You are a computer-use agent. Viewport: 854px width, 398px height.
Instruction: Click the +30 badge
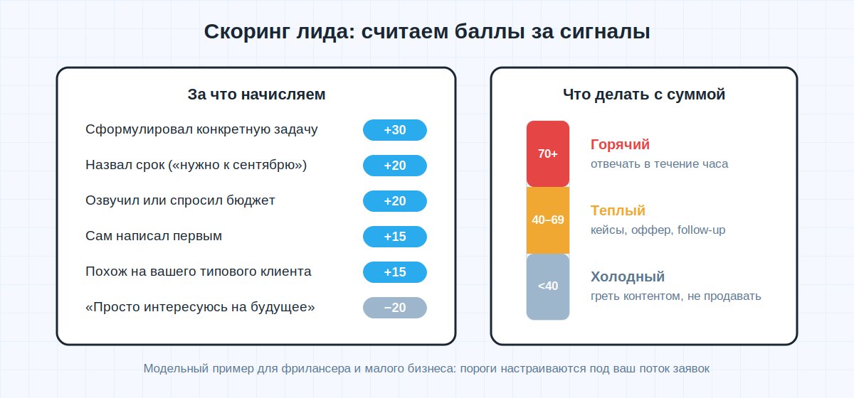pos(394,130)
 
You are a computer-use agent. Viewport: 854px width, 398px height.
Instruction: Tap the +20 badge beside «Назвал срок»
pos(394,166)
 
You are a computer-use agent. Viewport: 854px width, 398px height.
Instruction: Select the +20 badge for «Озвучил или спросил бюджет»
pos(394,201)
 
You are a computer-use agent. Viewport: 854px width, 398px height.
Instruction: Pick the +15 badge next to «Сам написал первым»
pos(394,237)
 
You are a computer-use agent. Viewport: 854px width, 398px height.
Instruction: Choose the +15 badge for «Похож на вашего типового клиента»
pos(394,272)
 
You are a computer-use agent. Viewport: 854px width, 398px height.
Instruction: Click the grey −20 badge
pos(394,308)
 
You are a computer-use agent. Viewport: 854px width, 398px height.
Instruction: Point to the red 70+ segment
pos(548,154)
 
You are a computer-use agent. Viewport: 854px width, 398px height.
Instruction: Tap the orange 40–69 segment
pos(548,220)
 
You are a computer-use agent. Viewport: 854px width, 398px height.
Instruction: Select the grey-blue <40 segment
pos(548,286)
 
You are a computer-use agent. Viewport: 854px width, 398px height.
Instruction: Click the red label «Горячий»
pos(620,145)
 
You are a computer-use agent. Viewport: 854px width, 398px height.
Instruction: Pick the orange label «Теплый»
pos(618,210)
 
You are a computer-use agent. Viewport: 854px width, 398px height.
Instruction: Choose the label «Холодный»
pos(628,277)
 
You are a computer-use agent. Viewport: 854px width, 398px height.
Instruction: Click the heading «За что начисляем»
pos(256,95)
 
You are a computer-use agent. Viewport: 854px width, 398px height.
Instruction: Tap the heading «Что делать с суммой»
pos(644,95)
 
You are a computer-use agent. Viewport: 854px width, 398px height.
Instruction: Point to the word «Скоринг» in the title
pos(247,31)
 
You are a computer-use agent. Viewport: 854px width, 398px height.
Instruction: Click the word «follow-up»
pos(701,230)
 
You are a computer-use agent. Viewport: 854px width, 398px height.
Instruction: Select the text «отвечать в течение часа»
pos(659,163)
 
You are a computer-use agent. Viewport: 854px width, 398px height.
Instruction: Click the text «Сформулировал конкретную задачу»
pos(201,129)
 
